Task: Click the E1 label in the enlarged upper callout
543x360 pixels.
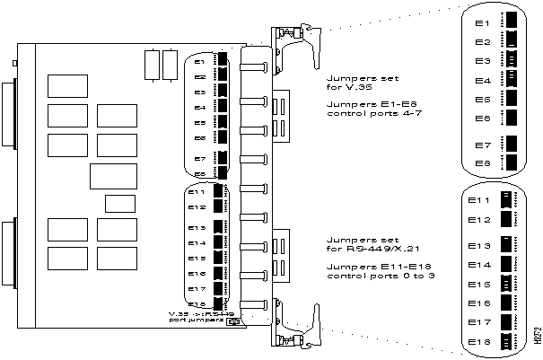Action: [482, 22]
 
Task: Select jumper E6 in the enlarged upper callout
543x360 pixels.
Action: [512, 118]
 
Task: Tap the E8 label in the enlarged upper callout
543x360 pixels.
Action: [482, 163]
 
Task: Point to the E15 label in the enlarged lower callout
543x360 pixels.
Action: [481, 285]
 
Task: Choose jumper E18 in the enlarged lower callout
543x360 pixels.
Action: [512, 341]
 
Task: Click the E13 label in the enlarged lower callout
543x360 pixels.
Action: [481, 245]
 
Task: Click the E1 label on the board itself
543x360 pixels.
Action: [199, 63]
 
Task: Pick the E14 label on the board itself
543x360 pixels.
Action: [197, 242]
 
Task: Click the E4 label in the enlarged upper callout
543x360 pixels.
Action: [482, 81]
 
